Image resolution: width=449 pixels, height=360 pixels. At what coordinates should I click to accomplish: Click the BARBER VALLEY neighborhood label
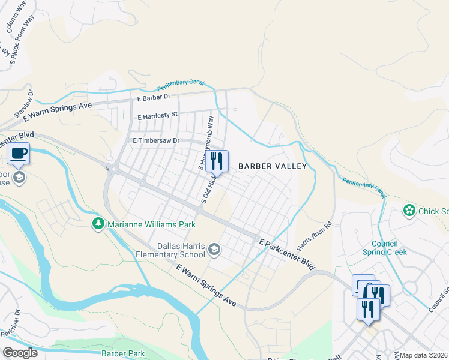(273, 166)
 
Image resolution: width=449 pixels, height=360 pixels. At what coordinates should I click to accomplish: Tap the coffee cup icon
(19, 154)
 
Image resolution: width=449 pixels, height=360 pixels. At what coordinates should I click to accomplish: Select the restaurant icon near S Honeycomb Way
(217, 161)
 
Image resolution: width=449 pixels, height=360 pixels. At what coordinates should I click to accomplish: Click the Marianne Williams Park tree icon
(98, 224)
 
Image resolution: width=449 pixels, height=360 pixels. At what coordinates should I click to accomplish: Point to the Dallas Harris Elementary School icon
(215, 249)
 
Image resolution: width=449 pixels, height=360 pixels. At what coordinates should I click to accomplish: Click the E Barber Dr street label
(154, 97)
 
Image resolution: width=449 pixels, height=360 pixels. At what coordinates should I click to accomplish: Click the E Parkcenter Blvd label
(287, 254)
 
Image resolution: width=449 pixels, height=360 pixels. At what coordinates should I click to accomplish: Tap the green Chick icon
(409, 211)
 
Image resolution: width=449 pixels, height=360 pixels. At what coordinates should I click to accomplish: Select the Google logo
(20, 353)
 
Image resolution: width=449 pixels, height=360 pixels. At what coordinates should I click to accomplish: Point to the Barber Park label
(123, 354)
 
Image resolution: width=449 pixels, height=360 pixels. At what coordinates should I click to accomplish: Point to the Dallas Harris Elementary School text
(173, 250)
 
